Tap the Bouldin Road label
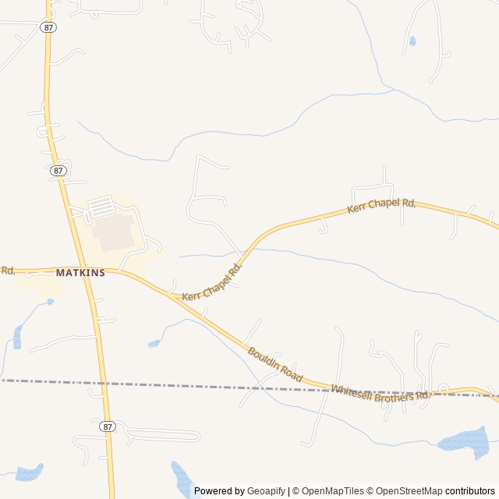[274, 363]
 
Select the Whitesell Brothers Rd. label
[380, 393]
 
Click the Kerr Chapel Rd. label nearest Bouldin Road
[212, 282]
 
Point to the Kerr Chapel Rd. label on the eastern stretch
[381, 207]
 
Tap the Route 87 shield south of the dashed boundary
[108, 426]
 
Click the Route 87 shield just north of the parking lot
[58, 170]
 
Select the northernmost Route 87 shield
[48, 27]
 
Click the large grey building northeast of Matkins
[114, 232]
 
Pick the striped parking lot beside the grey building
[101, 208]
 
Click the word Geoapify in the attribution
[267, 491]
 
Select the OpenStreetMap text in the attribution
[409, 491]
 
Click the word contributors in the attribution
[470, 491]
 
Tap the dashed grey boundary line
[195, 386]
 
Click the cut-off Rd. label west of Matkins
[8, 271]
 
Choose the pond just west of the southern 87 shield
[30, 472]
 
